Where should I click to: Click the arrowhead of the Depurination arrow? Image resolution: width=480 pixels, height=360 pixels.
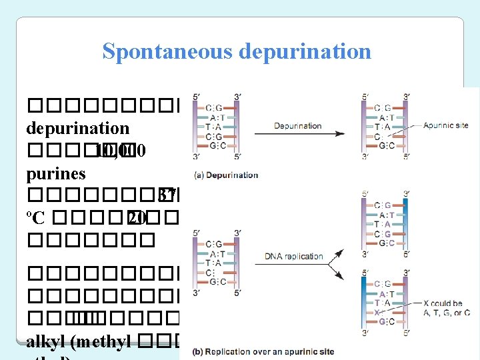(341, 133)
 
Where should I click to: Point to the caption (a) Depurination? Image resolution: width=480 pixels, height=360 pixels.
(225, 175)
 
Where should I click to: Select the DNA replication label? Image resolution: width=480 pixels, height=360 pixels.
(293, 255)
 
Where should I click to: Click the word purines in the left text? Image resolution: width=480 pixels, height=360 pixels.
(56, 174)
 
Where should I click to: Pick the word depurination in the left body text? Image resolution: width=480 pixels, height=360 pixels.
(77, 127)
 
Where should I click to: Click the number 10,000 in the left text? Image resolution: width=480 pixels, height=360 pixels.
(120, 151)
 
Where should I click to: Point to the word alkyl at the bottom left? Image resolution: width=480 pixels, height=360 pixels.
(48, 343)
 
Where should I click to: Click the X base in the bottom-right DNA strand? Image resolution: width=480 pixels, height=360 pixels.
(378, 311)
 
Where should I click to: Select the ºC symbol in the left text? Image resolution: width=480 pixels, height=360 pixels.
(35, 218)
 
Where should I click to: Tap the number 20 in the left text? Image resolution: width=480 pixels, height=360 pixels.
(137, 218)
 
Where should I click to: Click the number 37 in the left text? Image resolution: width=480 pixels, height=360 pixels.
(167, 195)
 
